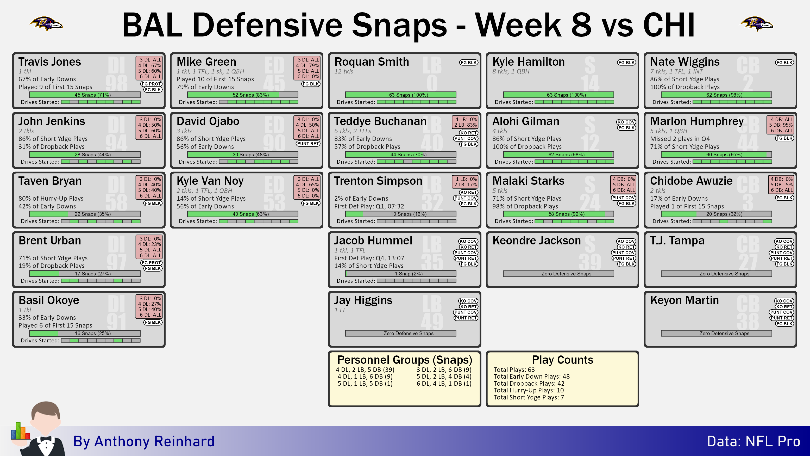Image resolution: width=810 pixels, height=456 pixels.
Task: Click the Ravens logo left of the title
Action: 46,24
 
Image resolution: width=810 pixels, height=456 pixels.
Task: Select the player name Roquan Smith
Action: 371,62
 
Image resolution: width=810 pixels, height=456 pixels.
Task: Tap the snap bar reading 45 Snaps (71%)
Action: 85,95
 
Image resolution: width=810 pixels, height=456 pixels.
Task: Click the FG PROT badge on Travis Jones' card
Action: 151,84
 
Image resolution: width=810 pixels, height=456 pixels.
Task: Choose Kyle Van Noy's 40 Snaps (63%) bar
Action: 243,214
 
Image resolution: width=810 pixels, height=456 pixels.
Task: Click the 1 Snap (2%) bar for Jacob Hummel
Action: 401,274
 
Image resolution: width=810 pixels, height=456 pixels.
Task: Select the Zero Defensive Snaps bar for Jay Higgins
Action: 401,333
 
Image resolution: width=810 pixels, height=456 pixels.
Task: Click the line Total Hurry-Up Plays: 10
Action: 529,390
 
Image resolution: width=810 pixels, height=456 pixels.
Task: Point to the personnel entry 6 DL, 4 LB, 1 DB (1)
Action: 444,383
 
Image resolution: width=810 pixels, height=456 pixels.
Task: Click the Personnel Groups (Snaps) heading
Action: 404,360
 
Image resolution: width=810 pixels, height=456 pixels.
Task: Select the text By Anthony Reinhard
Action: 144,441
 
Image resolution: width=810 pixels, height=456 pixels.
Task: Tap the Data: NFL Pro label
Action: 754,441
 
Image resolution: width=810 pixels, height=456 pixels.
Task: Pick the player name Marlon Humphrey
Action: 696,121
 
